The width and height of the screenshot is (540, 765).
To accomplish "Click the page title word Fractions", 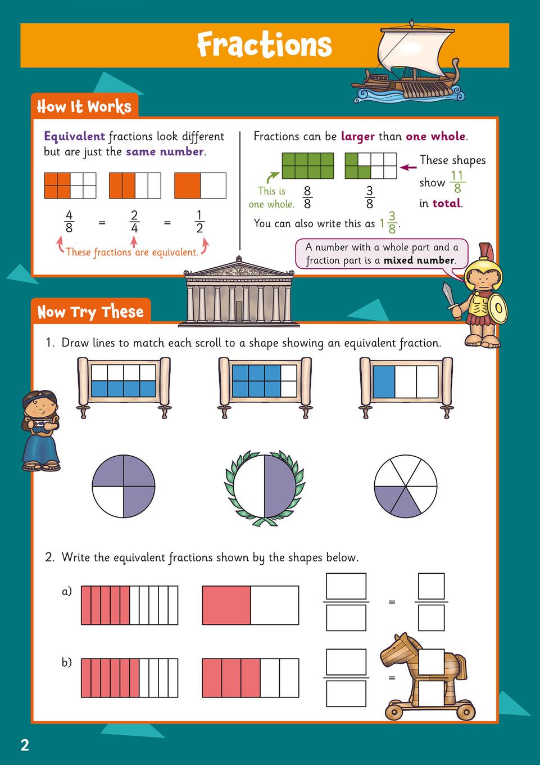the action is point(264,44).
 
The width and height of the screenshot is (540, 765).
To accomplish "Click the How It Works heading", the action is point(84,106).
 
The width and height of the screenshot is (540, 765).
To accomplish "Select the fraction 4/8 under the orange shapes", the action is point(69,221).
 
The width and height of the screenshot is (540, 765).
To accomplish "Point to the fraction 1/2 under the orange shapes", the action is point(199,221).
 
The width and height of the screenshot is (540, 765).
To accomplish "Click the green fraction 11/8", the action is point(457,182).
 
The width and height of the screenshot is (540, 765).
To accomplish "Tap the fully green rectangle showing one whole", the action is point(308,165).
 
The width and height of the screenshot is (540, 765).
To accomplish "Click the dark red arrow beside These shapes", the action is point(408,168).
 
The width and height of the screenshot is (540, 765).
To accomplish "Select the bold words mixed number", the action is point(419,260).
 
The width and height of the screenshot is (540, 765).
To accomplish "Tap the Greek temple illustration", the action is point(238,291).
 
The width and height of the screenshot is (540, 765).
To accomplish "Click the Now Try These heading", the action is point(90,312).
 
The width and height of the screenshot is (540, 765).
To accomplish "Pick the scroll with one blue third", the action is point(406,387).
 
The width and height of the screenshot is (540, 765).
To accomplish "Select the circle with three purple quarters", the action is point(124,486).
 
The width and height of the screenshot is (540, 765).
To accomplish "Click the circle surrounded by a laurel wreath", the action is point(264,486).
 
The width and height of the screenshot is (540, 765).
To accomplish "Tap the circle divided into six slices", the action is point(405,486).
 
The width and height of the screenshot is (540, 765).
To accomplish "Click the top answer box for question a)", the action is point(346,586).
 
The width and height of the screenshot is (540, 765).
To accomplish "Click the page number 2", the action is point(25,745).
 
